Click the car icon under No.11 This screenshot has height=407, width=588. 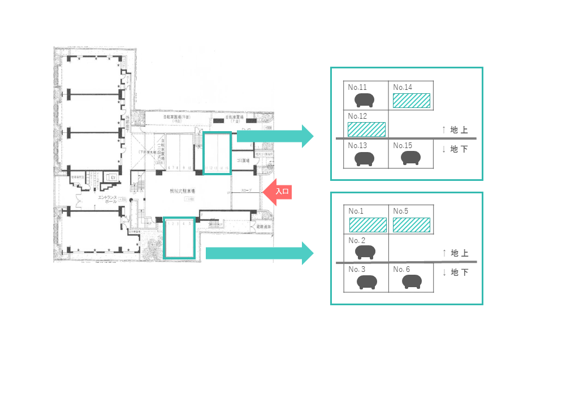[x=365, y=101]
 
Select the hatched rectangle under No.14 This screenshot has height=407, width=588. [x=412, y=101]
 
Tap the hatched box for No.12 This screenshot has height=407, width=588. [x=366, y=129]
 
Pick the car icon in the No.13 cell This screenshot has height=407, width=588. [x=365, y=159]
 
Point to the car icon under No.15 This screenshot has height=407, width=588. [x=411, y=158]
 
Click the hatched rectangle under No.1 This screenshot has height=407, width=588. [x=367, y=225]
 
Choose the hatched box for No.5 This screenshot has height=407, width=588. [x=412, y=225]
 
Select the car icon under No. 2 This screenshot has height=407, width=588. [x=365, y=252]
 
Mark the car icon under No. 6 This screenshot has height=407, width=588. [x=412, y=282]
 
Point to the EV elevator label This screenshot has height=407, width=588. [x=113, y=177]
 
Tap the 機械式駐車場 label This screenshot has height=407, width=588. [x=182, y=192]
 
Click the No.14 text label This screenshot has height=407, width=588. [x=403, y=87]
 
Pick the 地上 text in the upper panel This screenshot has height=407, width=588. [x=459, y=131]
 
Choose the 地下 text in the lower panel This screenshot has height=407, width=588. [x=459, y=272]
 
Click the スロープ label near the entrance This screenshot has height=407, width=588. [x=247, y=190]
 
